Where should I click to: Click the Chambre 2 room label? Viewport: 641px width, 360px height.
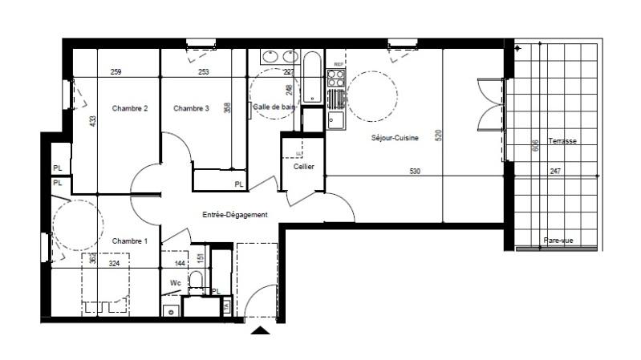pyautogui.click(x=130, y=109)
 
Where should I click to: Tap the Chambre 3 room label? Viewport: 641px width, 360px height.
pyautogui.click(x=191, y=109)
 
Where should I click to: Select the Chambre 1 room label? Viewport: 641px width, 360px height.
pyautogui.click(x=130, y=241)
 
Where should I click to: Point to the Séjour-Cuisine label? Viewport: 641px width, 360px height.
pyautogui.click(x=394, y=138)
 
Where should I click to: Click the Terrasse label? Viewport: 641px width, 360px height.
pyautogui.click(x=562, y=141)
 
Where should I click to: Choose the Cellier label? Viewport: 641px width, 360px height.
pyautogui.click(x=303, y=167)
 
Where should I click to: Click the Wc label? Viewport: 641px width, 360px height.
pyautogui.click(x=176, y=282)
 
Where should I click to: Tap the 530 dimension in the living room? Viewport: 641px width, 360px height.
pyautogui.click(x=414, y=172)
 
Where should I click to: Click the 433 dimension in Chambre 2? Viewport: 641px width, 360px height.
pyautogui.click(x=92, y=121)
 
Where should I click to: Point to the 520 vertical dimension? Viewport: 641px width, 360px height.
pyautogui.click(x=438, y=136)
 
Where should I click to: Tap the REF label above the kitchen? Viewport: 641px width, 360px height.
pyautogui.click(x=339, y=63)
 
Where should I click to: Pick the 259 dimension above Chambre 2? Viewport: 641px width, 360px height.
pyautogui.click(x=116, y=73)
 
